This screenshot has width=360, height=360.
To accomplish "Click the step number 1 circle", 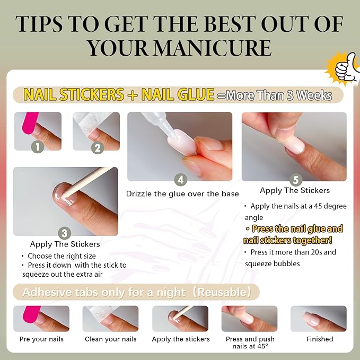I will click(x=37, y=147).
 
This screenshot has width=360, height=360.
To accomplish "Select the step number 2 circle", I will click(x=96, y=147).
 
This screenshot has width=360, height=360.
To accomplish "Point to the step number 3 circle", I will click(x=65, y=233).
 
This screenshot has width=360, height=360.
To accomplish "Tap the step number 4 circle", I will click(x=181, y=180).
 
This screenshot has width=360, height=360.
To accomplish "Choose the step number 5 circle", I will click(x=295, y=179).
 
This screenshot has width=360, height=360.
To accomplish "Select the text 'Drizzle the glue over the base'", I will click(x=182, y=194).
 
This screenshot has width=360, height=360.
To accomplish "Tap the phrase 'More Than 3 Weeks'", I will click(x=279, y=96).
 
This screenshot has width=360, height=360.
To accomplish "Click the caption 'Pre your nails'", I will click(x=41, y=339).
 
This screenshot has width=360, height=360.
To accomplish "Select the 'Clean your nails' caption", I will click(x=111, y=339).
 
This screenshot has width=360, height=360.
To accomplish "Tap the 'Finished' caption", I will click(x=319, y=339).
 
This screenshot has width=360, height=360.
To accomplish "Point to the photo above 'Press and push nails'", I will click(x=249, y=319).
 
